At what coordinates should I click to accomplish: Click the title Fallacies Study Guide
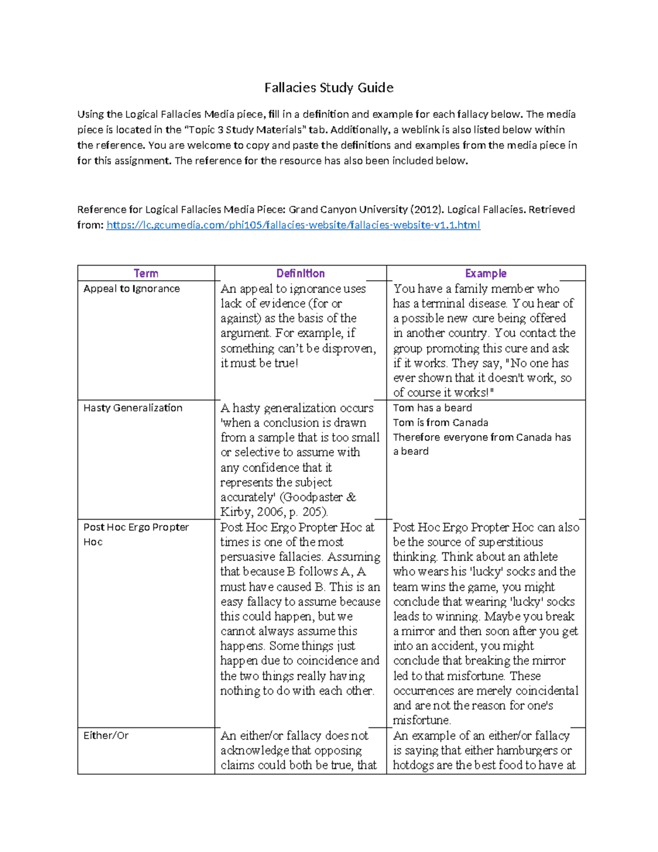pyautogui.click(x=328, y=88)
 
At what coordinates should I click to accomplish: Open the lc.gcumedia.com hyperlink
pyautogui.click(x=293, y=225)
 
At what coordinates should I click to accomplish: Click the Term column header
pyautogui.click(x=146, y=273)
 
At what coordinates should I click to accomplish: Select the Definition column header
pyautogui.click(x=300, y=273)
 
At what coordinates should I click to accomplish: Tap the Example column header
pyautogui.click(x=485, y=273)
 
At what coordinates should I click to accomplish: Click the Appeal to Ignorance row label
pyautogui.click(x=132, y=289)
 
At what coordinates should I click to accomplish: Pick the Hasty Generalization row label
pyautogui.click(x=133, y=408)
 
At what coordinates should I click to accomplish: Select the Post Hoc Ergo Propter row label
pyautogui.click(x=136, y=527)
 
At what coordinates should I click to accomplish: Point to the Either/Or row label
pyautogui.click(x=106, y=735)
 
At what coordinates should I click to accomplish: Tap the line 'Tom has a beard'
pyautogui.click(x=432, y=408)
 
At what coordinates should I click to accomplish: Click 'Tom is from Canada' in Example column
pyautogui.click(x=440, y=422)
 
